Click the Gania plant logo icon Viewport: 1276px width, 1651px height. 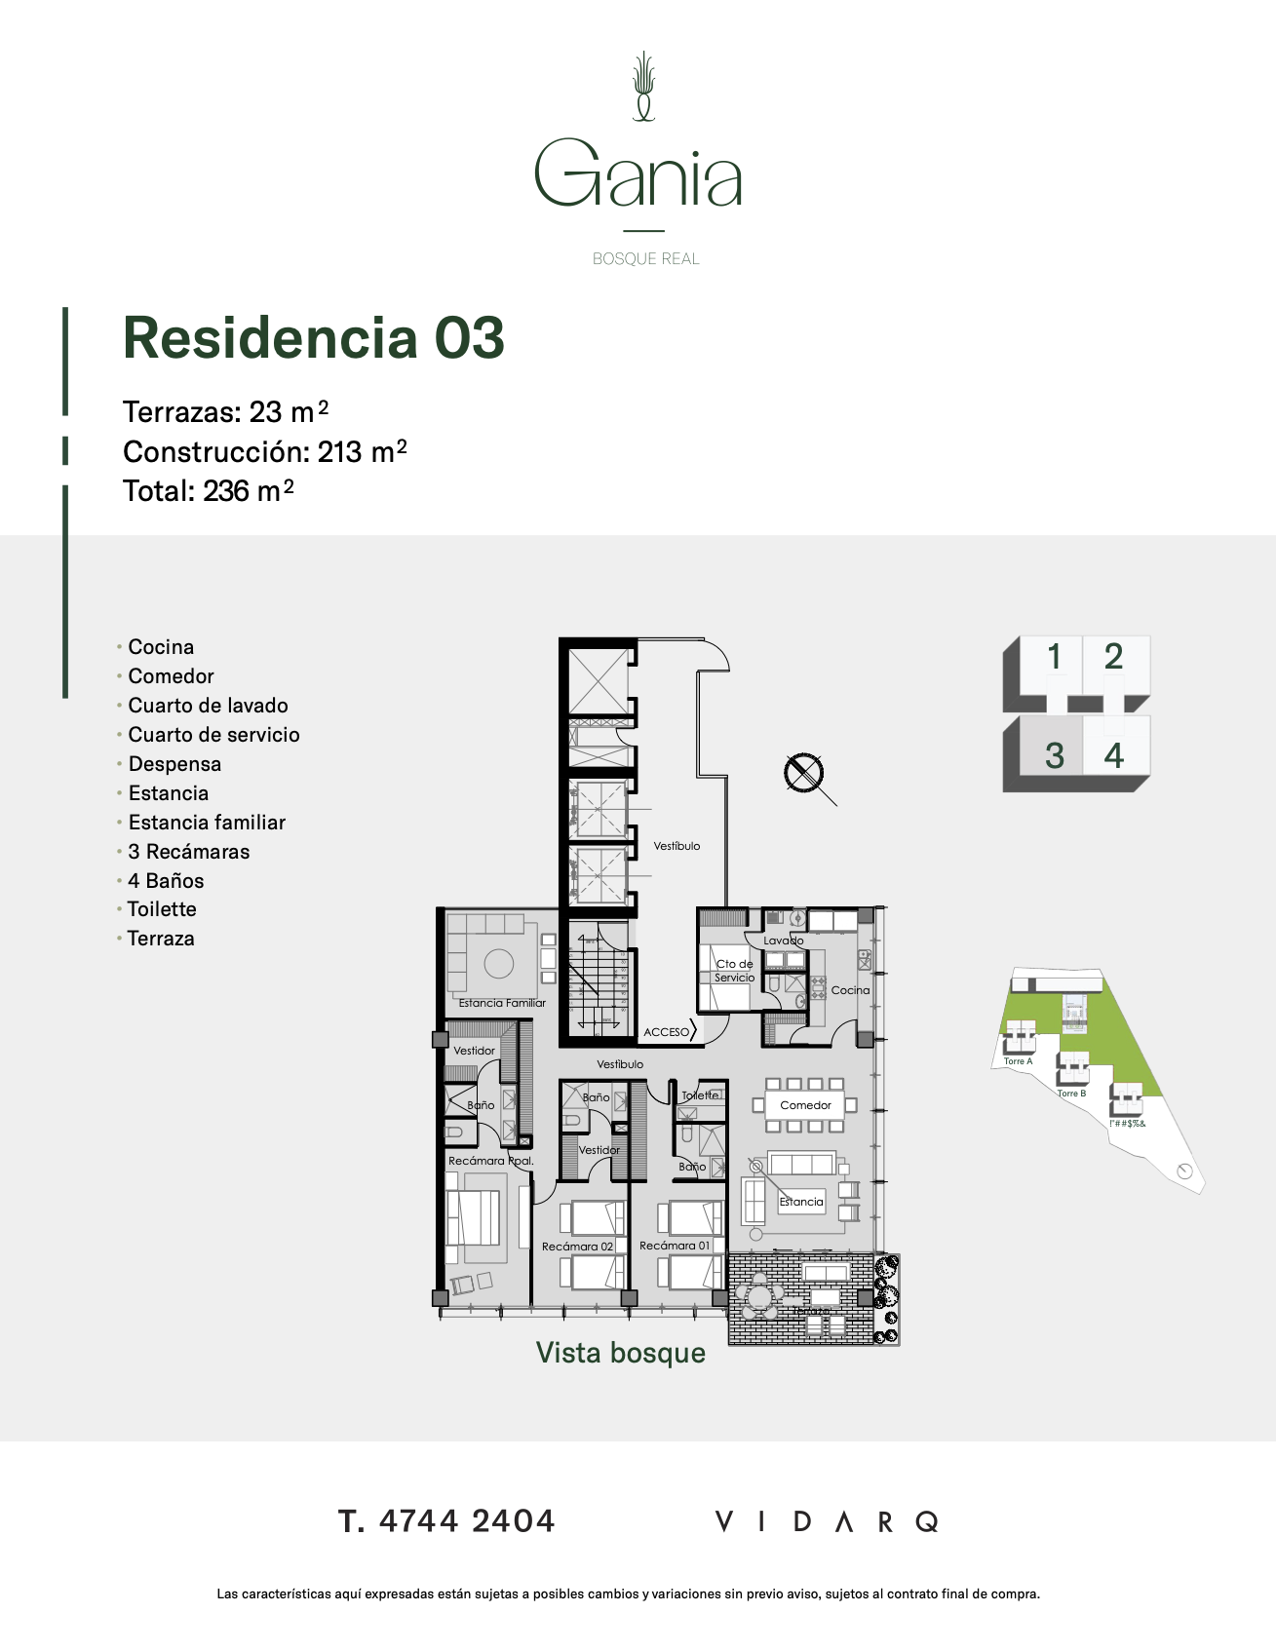tap(643, 87)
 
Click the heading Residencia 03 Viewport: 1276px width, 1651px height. tap(313, 338)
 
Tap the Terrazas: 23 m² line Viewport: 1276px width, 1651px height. tap(225, 412)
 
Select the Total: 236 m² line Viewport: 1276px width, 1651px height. tap(208, 491)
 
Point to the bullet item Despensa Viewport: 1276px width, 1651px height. tap(174, 764)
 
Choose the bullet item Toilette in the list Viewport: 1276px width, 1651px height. tap(162, 909)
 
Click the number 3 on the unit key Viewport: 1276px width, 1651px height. tap(1054, 755)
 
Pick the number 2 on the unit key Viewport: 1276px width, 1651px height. tap(1113, 657)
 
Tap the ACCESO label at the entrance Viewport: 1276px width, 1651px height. tap(667, 1032)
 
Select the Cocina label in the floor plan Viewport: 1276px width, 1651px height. tap(850, 990)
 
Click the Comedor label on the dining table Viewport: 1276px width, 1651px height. tap(805, 1105)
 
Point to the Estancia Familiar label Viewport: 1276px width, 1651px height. tap(502, 1003)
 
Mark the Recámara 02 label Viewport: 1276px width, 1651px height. tap(577, 1247)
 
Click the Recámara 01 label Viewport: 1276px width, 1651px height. tap(675, 1246)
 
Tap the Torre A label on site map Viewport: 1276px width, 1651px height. tap(1018, 1061)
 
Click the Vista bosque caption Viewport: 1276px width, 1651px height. tap(621, 1353)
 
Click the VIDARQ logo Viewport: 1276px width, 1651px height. tap(827, 1521)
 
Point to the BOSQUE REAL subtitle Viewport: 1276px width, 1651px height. tap(645, 259)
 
